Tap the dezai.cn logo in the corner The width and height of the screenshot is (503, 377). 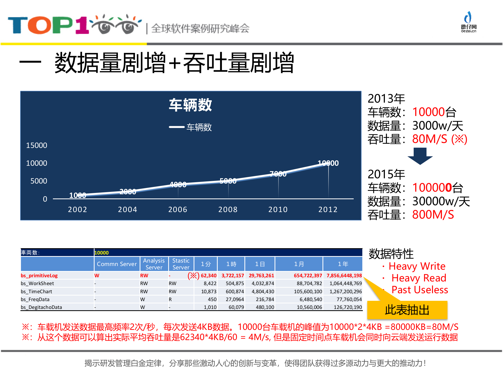click(x=468, y=22)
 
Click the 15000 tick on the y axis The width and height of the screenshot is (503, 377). click(x=36, y=146)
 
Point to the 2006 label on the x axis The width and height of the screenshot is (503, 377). click(x=178, y=209)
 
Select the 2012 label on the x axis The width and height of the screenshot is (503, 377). click(x=328, y=209)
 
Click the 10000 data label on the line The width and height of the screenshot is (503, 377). click(x=328, y=163)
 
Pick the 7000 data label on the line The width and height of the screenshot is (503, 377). click(x=278, y=174)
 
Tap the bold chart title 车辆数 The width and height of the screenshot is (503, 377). click(x=190, y=105)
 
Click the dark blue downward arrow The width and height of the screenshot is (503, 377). click(x=420, y=156)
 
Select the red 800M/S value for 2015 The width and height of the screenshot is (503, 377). click(x=433, y=215)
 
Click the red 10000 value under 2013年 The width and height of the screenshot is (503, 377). click(x=429, y=112)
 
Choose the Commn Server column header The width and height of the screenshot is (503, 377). click(x=117, y=264)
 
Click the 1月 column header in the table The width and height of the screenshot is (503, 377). click(x=299, y=264)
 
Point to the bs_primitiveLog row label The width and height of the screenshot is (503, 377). click(x=39, y=275)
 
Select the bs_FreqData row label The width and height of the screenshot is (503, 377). click(x=35, y=299)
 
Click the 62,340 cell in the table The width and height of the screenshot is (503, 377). click(x=209, y=275)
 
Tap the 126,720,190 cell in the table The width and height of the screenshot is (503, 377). click(x=348, y=307)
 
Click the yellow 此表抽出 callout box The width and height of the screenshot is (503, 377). click(x=407, y=310)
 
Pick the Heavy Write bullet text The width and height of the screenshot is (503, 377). click(x=417, y=266)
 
